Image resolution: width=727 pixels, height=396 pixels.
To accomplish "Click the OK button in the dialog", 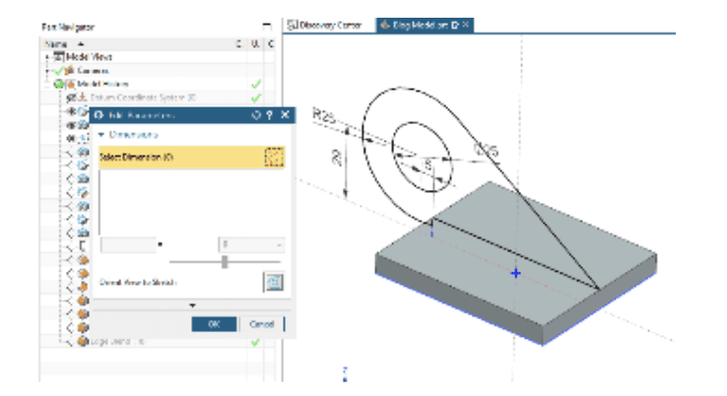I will pos(213,323).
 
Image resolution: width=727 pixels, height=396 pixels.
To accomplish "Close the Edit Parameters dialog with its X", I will pos(286,115).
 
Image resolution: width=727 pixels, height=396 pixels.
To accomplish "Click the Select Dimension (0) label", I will pos(137,157).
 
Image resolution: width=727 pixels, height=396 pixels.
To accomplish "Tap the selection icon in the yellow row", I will pos(274,157).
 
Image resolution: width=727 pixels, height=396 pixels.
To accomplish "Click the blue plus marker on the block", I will pos(515,273).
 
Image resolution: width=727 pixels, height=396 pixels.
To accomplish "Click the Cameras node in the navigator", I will pos(87,71).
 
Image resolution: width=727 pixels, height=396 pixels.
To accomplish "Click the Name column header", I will pos(57,44).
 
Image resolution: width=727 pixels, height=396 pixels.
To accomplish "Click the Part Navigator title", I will pos(66,28).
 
